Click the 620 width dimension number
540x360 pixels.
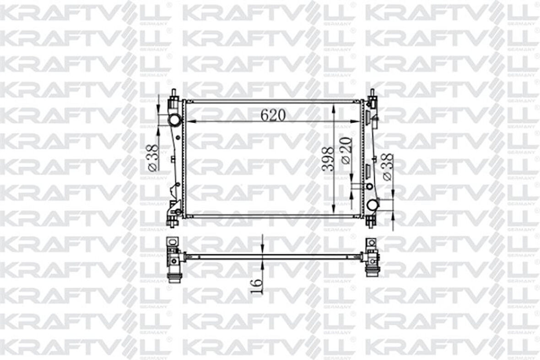[x=273, y=115]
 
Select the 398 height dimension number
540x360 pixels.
[x=327, y=159]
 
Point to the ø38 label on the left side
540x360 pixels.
[x=153, y=158]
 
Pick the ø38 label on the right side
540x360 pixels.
[x=387, y=168]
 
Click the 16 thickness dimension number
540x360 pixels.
[x=257, y=285]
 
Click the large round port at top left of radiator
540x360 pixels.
[x=174, y=120]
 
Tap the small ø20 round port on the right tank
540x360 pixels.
[x=369, y=186]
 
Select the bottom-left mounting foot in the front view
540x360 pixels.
[x=173, y=221]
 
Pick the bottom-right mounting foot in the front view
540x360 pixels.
[x=370, y=221]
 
